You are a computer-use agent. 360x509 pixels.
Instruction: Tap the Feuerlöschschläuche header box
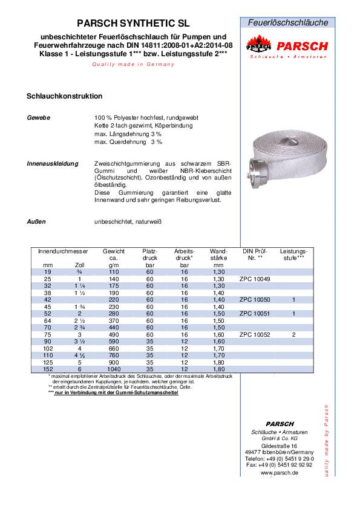(x=289, y=22)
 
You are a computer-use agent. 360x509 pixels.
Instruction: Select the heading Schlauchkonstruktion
(x=64, y=96)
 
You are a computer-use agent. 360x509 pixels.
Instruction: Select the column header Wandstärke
(x=218, y=254)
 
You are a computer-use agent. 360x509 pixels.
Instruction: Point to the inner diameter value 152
(x=48, y=369)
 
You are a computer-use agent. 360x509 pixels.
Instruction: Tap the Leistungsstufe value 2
(x=293, y=334)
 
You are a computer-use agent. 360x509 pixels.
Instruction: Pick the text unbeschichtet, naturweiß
(x=128, y=222)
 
